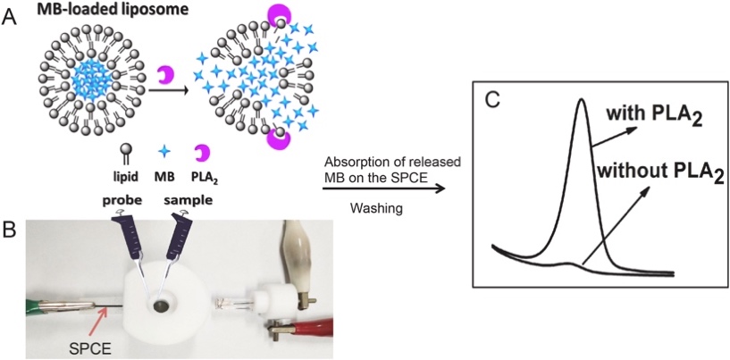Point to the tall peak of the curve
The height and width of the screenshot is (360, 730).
[x=582, y=103]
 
